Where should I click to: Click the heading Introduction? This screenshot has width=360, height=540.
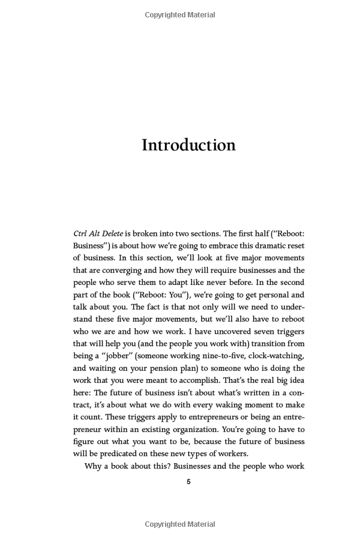188,145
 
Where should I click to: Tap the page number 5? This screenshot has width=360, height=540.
188,482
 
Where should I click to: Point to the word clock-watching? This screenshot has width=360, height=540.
274,356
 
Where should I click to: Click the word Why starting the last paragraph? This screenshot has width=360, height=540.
93,466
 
